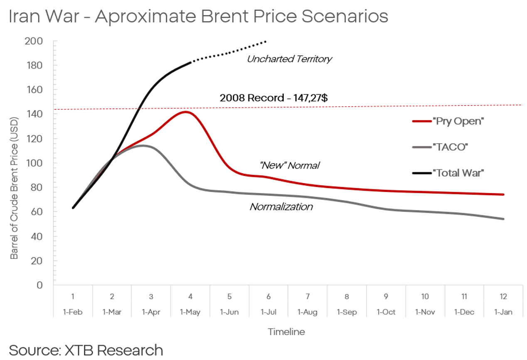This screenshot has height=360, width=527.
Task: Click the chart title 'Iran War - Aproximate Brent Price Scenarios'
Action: coord(198,17)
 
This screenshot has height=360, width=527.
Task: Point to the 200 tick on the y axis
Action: coord(34,41)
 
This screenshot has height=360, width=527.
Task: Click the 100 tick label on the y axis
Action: coord(34,163)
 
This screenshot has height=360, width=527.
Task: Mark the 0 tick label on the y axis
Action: coord(39,285)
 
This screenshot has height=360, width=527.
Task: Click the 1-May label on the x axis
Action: coord(190,312)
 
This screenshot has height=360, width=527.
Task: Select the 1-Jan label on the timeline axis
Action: coord(503,312)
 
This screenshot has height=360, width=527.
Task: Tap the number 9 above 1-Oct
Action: coord(386,296)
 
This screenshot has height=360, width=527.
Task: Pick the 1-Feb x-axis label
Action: coord(73,312)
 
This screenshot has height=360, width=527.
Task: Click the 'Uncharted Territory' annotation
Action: coord(289,59)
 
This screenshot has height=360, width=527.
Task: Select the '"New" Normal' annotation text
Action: coord(289,165)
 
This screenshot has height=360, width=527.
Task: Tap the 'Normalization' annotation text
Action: coord(281,206)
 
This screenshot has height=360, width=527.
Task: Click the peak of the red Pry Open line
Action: coord(186,112)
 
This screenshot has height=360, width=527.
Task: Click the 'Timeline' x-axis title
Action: coord(286,332)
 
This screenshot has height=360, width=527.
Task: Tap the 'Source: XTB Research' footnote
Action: coord(86,350)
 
